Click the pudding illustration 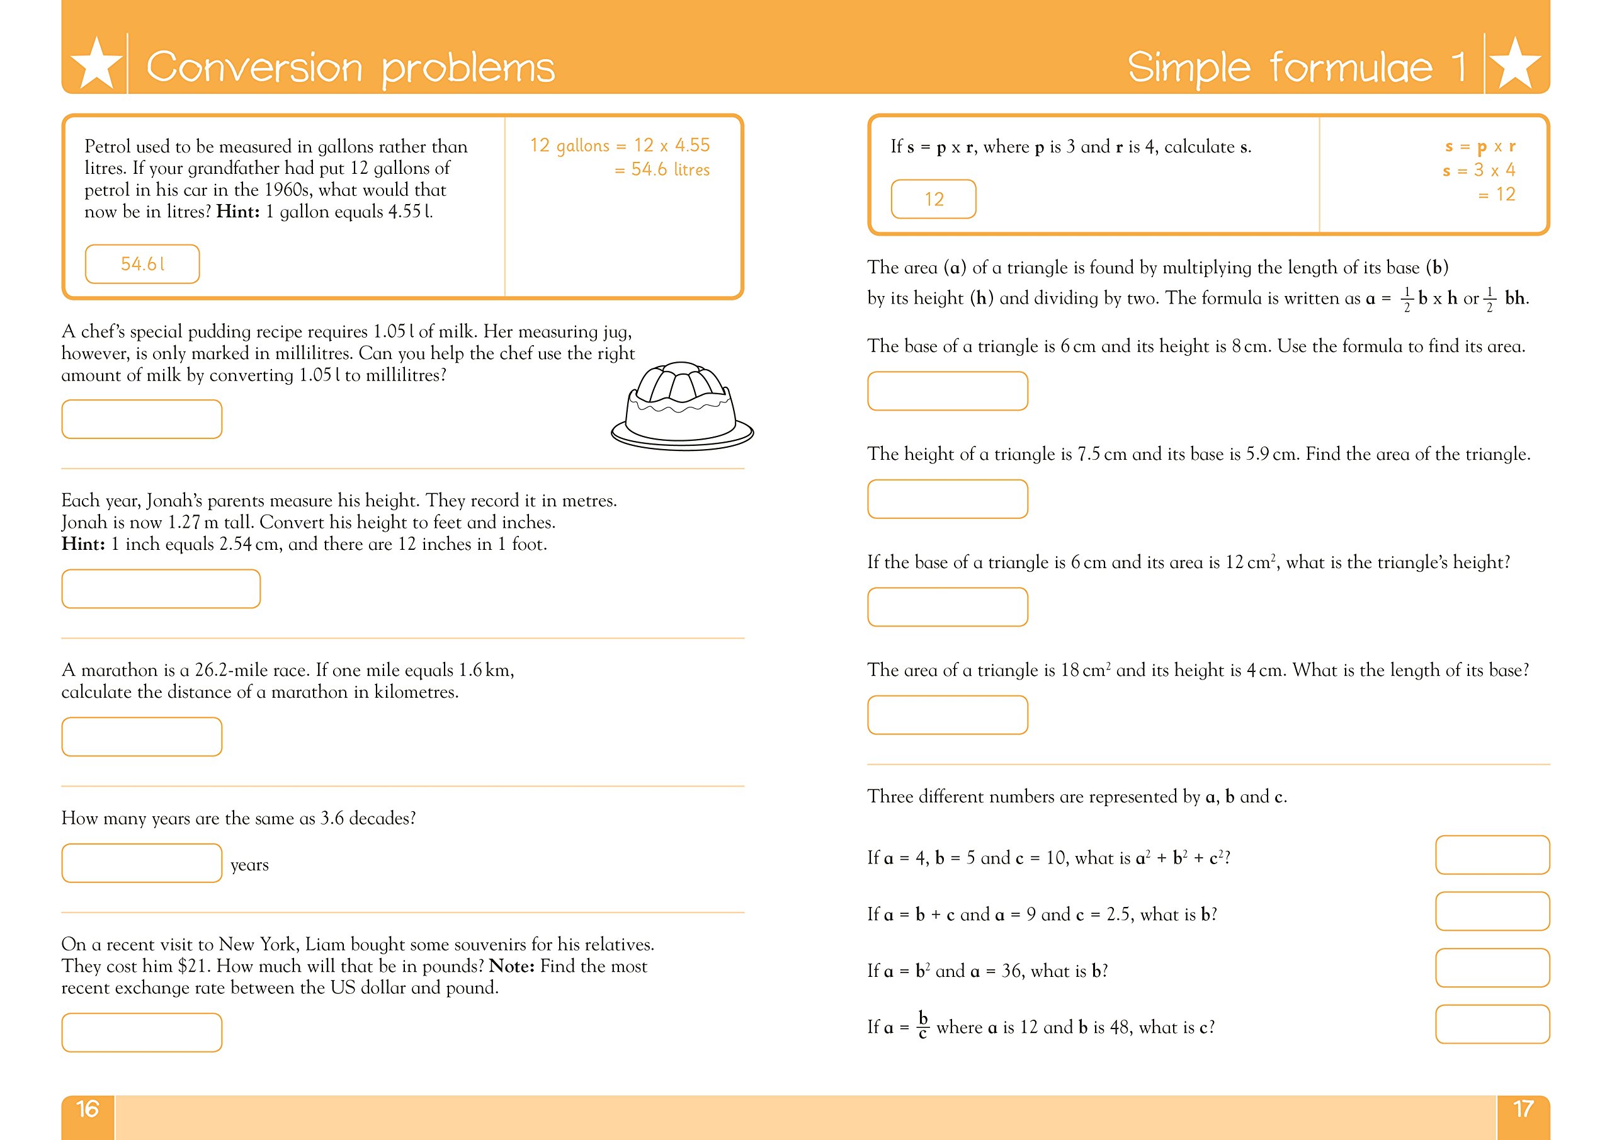681,407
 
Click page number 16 87,1109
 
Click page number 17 1523,1109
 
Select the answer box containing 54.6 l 142,264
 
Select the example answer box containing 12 933,200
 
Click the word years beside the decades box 249,865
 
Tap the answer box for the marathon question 142,736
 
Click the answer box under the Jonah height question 161,589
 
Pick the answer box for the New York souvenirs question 142,1032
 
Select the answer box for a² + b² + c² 1492,855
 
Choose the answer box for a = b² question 1492,968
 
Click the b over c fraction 922,1025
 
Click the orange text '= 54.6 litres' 662,170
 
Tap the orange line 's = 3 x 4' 1479,171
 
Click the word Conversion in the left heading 254,67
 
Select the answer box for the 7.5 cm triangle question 947,499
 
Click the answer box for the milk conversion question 142,419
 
